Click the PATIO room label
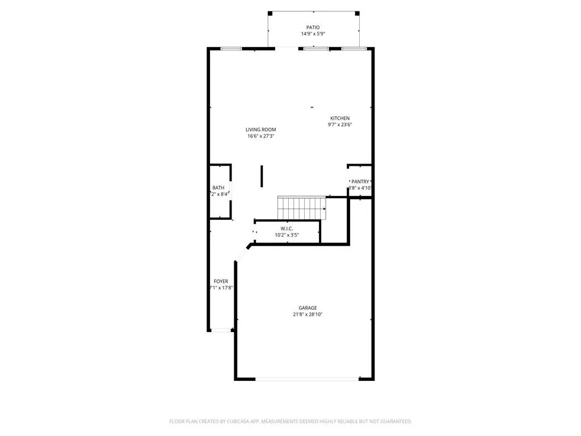point(313,27)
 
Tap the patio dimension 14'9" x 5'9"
point(313,34)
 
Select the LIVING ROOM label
point(260,129)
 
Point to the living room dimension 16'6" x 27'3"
point(260,136)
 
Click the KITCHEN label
point(340,118)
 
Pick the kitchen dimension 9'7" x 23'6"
point(340,125)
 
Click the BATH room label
point(218,188)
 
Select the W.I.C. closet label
point(287,228)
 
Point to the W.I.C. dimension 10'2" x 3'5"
point(287,234)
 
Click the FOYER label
point(221,282)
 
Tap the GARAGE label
point(308,308)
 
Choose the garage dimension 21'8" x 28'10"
point(308,315)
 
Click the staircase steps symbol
point(301,207)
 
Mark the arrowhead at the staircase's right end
point(325,209)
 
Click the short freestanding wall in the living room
point(262,176)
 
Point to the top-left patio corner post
point(270,13)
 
